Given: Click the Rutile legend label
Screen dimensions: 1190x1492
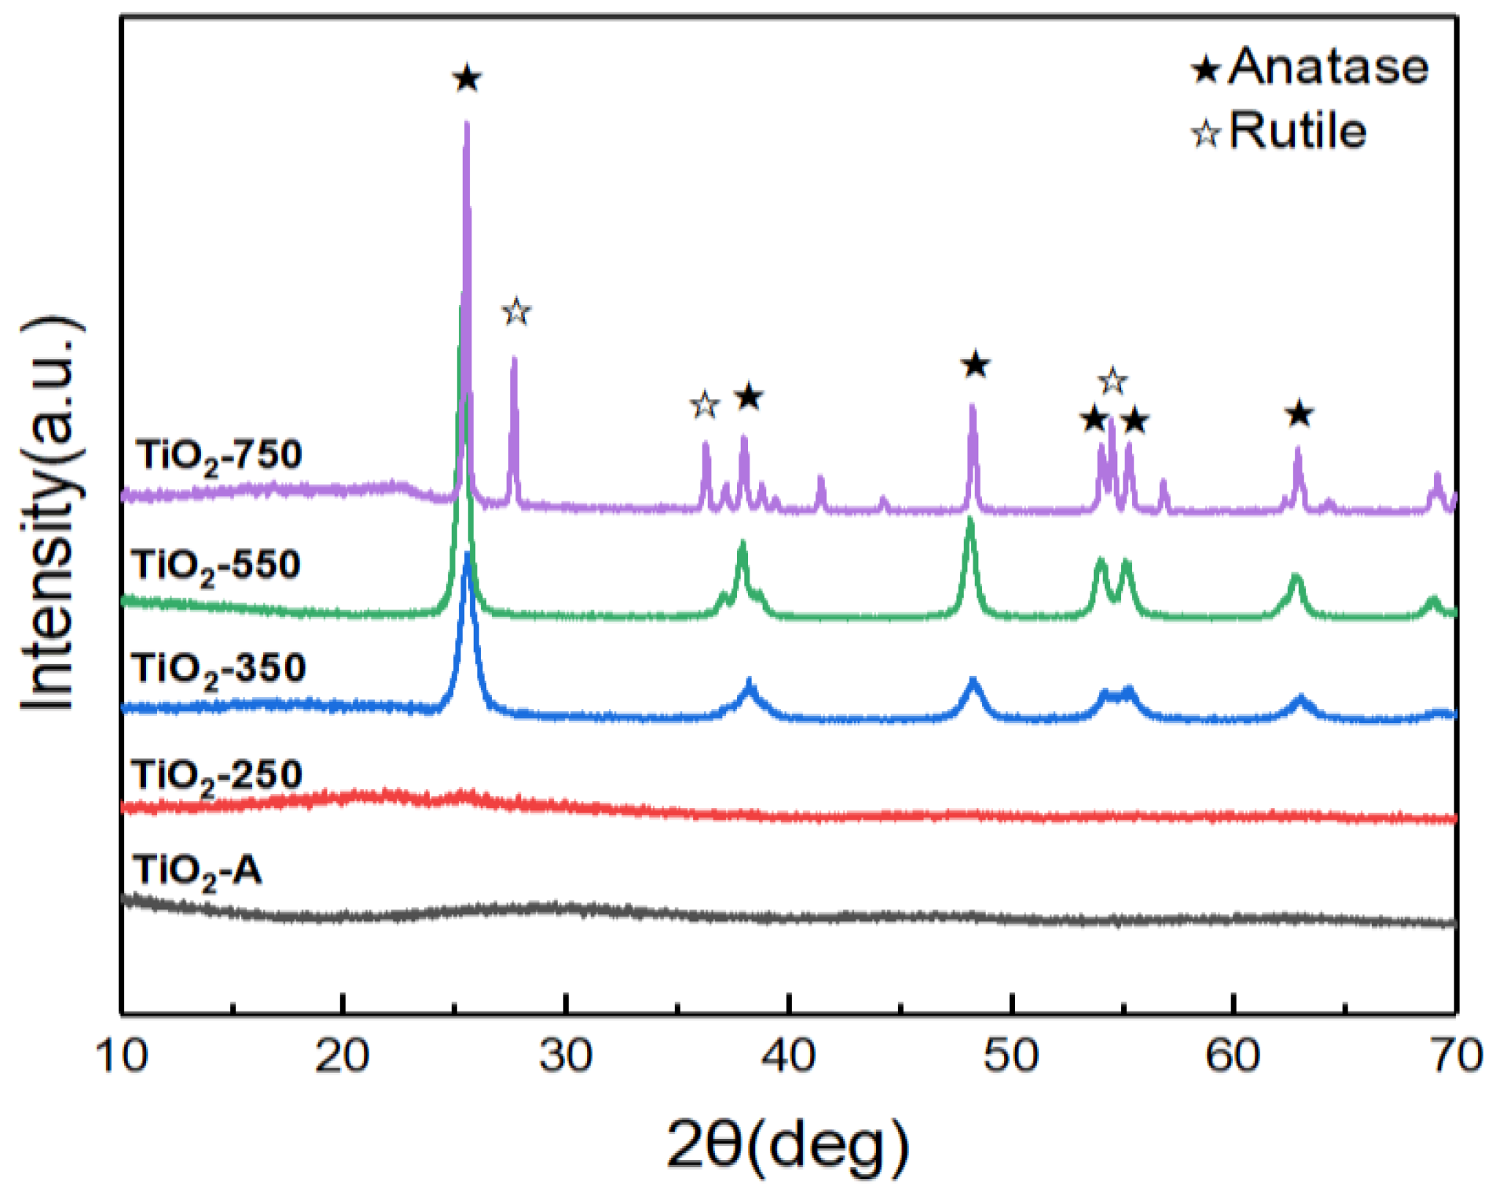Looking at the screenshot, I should tap(1297, 130).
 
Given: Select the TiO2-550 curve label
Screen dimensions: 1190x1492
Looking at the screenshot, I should tap(217, 565).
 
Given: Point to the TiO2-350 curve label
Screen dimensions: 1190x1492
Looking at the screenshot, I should tap(219, 669).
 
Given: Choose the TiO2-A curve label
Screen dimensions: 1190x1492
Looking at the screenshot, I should tap(197, 871).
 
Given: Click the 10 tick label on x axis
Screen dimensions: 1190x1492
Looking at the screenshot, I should tap(122, 1055).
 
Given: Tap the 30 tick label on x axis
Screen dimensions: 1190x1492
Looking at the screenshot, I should tap(566, 1055).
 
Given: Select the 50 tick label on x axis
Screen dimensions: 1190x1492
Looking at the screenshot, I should tap(1011, 1055).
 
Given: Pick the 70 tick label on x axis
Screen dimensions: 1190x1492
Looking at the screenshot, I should tap(1456, 1055).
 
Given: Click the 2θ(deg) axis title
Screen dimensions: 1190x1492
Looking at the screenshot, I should tap(788, 1145).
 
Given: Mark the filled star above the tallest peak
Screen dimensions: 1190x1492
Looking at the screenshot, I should tap(467, 79).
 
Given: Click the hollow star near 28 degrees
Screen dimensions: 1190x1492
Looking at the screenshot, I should tap(516, 312).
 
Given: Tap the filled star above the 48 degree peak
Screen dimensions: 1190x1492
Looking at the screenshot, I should tap(975, 365).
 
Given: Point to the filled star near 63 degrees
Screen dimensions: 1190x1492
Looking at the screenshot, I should tap(1299, 413).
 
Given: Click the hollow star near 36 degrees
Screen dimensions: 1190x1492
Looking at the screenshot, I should tap(705, 406).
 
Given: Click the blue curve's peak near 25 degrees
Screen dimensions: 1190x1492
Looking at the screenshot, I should tap(468, 555).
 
